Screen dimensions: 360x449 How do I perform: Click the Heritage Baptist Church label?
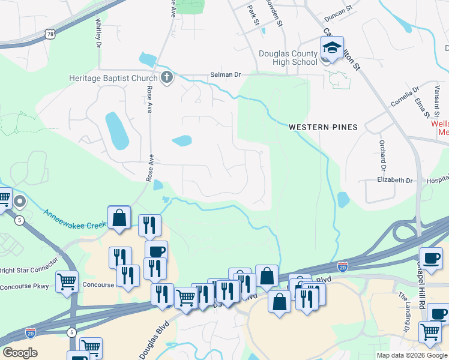113,78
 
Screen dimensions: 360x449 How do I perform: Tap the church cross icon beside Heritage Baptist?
166,77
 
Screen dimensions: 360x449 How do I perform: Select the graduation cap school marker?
331,47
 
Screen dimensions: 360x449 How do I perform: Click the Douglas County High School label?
288,58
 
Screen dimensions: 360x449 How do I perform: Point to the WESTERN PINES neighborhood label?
323,127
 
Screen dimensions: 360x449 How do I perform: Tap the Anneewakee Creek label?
74,218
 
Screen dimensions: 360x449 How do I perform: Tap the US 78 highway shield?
53,35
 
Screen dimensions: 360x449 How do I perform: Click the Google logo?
20,352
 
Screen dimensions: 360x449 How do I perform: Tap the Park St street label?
253,15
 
